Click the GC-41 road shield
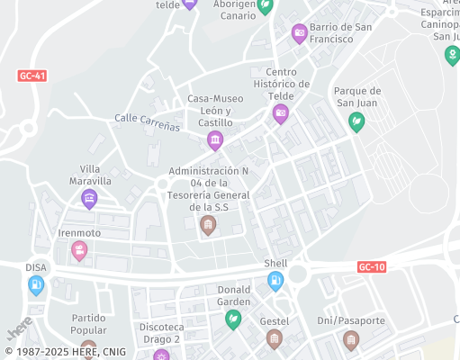(32, 76)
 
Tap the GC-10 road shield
(371, 267)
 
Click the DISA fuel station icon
(36, 285)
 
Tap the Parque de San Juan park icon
(357, 121)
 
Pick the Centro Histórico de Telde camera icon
(280, 113)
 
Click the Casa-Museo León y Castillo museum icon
(215, 139)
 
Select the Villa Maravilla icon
(89, 199)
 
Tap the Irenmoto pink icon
(79, 250)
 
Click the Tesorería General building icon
(208, 225)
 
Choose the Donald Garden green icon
(233, 319)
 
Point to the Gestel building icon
(275, 339)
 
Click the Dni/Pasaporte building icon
(351, 339)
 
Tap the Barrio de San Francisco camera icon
(300, 34)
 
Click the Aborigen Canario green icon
(265, 7)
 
